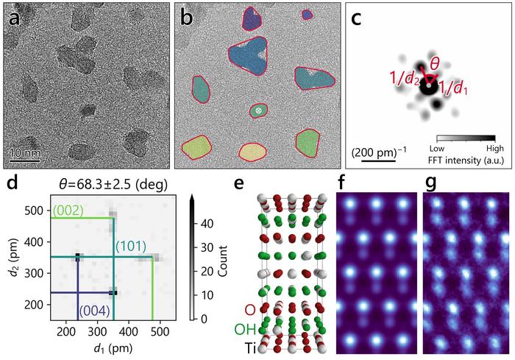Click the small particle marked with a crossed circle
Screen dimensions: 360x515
click(x=258, y=110)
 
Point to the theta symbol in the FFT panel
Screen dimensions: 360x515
click(x=436, y=63)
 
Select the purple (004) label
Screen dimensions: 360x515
click(x=96, y=310)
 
